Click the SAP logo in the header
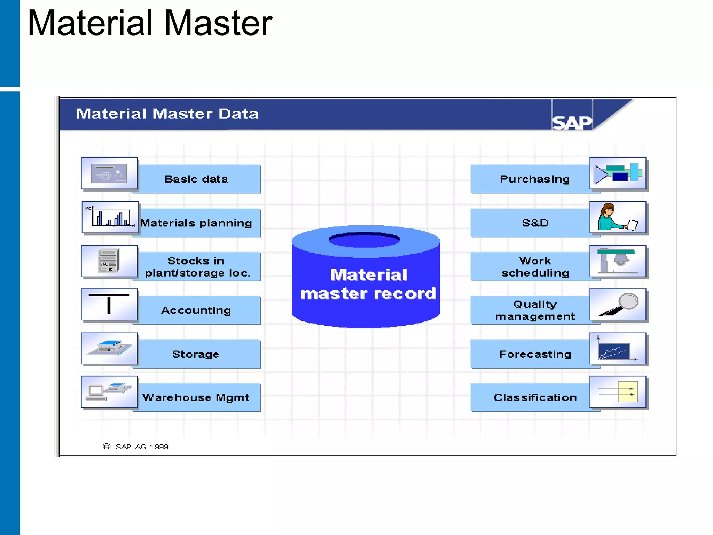[x=572, y=122]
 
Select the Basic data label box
[x=196, y=179]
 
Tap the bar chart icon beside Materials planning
[x=110, y=217]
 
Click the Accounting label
[x=196, y=310]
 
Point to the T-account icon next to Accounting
[x=109, y=304]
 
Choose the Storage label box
[x=196, y=354]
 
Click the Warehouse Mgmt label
[x=196, y=397]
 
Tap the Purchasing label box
[x=534, y=179]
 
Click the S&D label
[x=535, y=223]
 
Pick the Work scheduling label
[x=535, y=267]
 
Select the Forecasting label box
[x=535, y=354]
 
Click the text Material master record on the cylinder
[x=368, y=284]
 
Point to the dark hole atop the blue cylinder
[x=365, y=240]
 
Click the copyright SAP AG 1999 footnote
[x=136, y=447]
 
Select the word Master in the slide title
[x=218, y=23]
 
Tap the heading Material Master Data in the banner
[x=167, y=114]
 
